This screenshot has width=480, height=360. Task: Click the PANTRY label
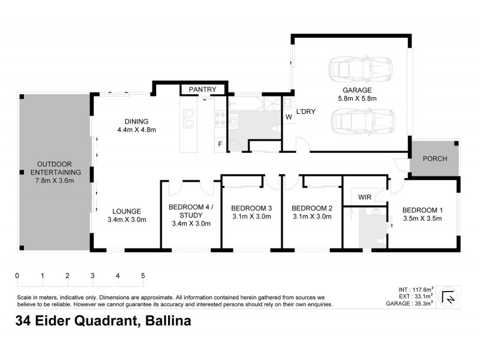202,89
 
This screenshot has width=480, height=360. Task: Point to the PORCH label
434,160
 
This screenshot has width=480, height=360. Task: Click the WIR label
365,197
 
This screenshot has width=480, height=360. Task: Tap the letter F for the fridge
220,144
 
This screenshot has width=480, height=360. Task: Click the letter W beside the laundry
289,117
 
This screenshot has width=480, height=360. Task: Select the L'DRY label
305,111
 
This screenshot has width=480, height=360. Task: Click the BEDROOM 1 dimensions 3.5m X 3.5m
422,218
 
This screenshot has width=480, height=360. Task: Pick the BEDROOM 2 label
311,209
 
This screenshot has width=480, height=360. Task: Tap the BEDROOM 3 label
252,209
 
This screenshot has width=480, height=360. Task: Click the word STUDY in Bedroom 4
190,215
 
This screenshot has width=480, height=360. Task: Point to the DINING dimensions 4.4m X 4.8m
136,130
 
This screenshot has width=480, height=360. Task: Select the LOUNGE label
126,211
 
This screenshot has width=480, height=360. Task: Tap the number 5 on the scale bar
143,276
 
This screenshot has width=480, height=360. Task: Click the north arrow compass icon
448,297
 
